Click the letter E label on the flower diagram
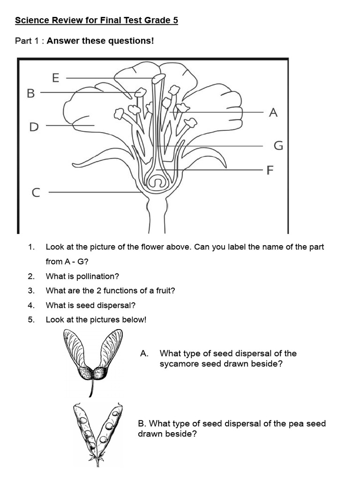(x=56, y=78)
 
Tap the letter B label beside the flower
(x=31, y=94)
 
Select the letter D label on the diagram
(x=34, y=127)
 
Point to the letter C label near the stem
(x=36, y=193)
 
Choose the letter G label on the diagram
(x=278, y=146)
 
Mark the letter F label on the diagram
(x=270, y=170)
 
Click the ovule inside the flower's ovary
(x=158, y=181)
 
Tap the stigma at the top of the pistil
(x=158, y=78)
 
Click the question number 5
(x=31, y=320)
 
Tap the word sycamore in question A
(x=179, y=364)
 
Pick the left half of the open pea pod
(x=85, y=427)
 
